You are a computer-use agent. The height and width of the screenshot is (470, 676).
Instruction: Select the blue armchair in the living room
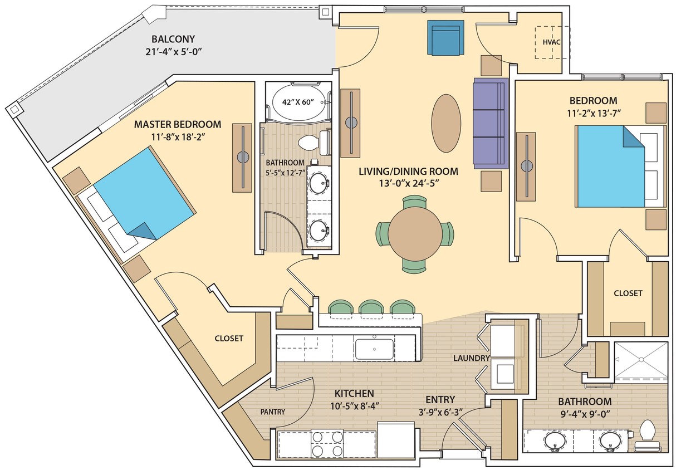pos(446,38)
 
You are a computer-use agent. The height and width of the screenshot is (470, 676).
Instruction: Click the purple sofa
pos(491,123)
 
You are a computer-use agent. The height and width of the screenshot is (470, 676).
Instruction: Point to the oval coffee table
pos(446,123)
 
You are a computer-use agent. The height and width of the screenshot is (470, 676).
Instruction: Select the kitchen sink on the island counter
pos(375,349)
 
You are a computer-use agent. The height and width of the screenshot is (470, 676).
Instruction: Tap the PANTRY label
pos(272,412)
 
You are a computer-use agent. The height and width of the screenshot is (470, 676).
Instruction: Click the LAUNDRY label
pos(471,358)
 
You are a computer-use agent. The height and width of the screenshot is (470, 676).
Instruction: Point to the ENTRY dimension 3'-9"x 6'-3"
pos(440,413)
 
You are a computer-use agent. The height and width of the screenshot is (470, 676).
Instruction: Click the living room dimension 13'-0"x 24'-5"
pos(408,183)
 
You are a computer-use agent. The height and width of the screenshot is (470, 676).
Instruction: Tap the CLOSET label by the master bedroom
pos(229,338)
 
